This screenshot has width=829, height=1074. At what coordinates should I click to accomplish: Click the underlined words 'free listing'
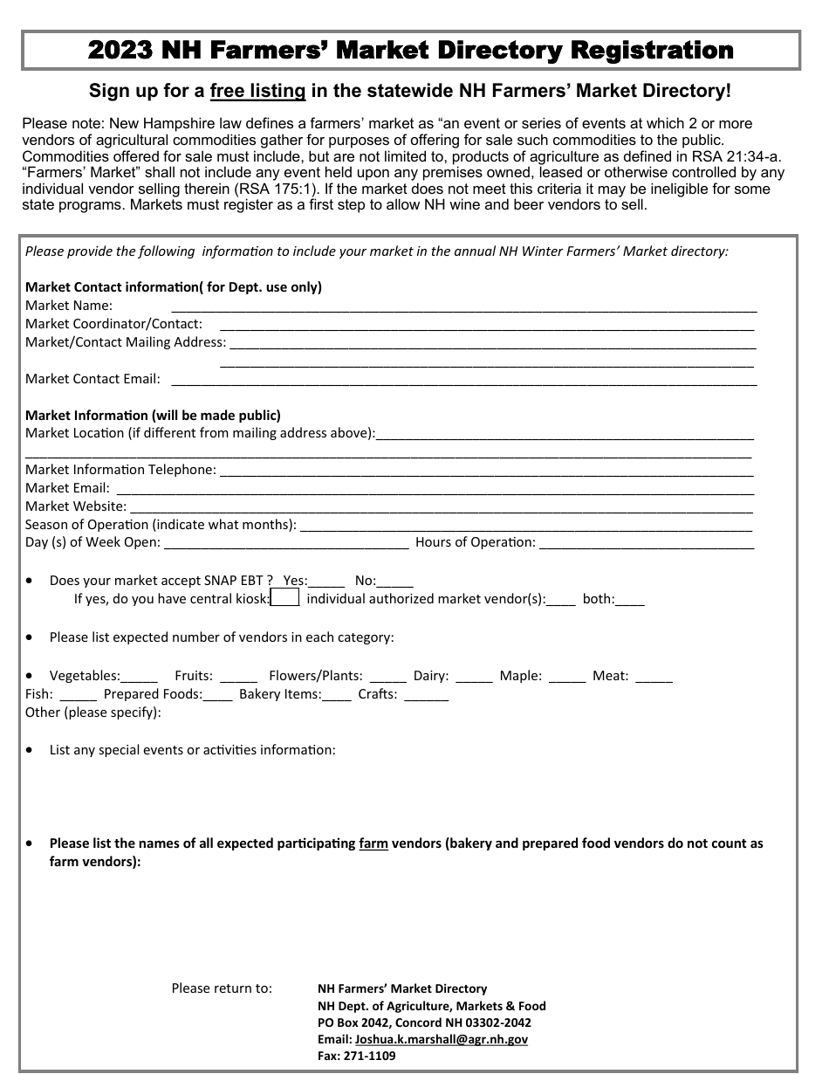[257, 91]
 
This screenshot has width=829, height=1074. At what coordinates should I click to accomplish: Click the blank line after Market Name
[463, 306]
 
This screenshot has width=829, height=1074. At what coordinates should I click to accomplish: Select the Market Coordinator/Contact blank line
[481, 325]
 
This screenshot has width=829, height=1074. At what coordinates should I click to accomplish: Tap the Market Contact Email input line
[463, 380]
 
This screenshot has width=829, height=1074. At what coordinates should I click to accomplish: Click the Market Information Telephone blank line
[486, 471]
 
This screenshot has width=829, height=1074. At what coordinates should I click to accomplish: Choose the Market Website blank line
[441, 507]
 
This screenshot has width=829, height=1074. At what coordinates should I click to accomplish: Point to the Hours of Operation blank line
[647, 543]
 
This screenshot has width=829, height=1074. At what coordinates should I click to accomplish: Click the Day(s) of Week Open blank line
[286, 543]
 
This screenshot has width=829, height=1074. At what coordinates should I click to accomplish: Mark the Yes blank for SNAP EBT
[327, 582]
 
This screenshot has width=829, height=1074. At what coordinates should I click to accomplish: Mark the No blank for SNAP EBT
[396, 582]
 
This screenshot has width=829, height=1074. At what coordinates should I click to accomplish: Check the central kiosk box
[285, 598]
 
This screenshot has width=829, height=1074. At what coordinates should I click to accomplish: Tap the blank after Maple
[567, 677]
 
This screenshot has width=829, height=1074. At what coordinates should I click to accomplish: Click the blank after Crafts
[427, 695]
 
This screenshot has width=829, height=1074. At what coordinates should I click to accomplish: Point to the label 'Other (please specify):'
[93, 713]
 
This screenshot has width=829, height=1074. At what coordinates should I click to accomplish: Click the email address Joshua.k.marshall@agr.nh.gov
[442, 1039]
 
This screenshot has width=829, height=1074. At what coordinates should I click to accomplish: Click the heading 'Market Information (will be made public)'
[153, 416]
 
